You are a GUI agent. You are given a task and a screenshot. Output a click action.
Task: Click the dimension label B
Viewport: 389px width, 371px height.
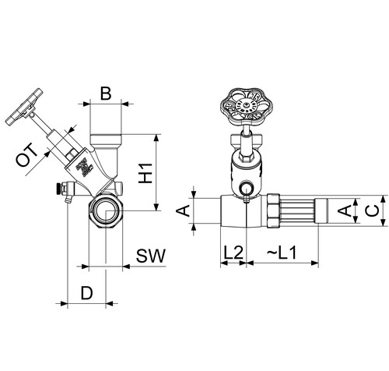pos(106,94)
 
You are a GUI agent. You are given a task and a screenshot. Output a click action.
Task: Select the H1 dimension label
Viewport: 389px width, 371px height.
pos(145,173)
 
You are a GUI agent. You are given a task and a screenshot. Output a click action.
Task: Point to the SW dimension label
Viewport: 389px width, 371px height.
pos(151,256)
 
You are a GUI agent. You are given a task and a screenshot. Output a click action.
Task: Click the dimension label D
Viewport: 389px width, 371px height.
pos(86,293)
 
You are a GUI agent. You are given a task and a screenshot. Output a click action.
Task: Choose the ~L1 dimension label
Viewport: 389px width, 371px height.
pos(282,253)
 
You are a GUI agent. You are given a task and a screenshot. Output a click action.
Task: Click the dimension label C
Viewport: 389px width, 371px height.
pos(373,210)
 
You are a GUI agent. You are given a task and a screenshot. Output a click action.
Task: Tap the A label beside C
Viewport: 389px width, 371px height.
pos(345,210)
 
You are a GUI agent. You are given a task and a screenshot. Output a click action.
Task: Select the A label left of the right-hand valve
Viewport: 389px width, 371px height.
pos(184,210)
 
